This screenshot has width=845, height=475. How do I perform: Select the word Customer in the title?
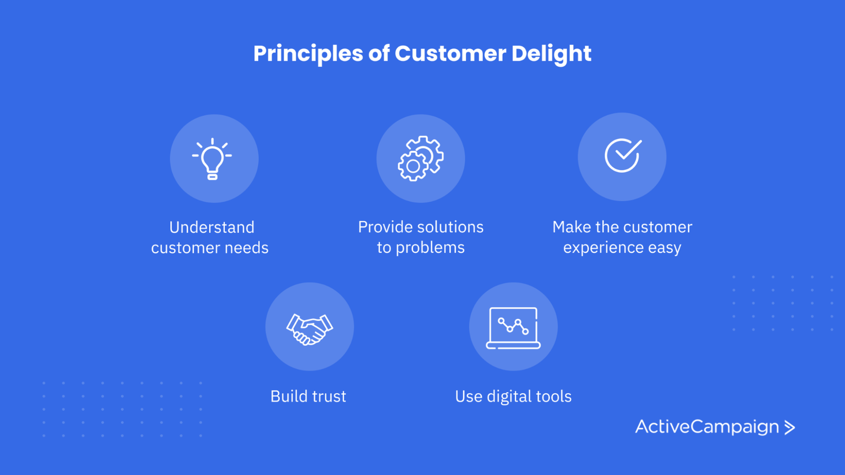point(450,53)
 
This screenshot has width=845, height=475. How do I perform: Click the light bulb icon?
point(212,159)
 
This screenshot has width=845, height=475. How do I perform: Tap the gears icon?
point(420,159)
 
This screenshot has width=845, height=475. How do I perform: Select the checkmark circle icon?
point(623,155)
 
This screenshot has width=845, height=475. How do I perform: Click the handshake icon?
point(309,329)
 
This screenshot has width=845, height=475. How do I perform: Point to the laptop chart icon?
point(513,328)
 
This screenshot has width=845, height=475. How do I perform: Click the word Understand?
point(212,227)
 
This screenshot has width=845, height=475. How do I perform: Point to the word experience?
point(603,248)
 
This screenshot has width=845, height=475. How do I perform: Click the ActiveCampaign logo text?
point(707,427)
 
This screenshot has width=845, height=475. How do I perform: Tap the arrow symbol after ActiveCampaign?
point(790,427)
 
